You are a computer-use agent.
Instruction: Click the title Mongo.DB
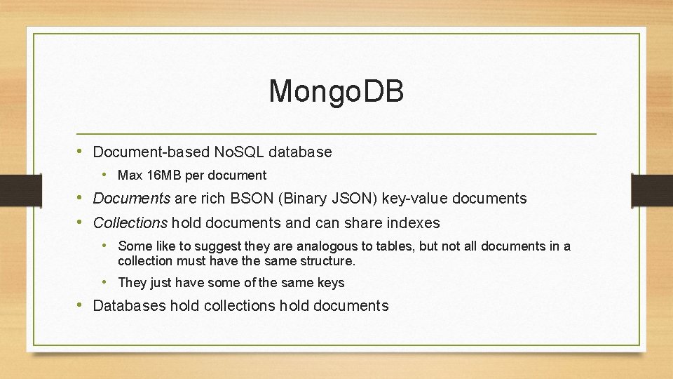point(336,91)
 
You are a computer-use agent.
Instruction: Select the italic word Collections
point(130,223)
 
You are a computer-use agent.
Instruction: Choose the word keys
point(331,283)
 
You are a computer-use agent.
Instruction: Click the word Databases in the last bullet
point(130,306)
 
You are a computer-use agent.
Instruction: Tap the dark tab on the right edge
point(652,189)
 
